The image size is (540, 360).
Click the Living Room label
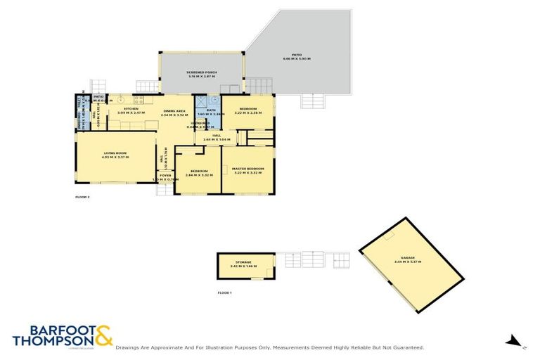[x=115, y=153]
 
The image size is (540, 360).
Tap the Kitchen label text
[x=131, y=109]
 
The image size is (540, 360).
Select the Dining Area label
[x=174, y=112]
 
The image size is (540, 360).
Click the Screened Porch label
[x=201, y=72]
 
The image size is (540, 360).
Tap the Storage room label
[x=243, y=262]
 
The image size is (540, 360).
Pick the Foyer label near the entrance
[x=165, y=175]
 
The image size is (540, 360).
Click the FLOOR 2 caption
[x=82, y=198]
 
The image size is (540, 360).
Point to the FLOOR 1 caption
[x=224, y=292]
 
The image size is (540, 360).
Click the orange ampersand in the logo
[x=104, y=334]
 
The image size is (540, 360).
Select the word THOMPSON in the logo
[x=53, y=341]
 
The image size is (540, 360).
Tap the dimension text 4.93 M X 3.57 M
[x=116, y=157]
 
